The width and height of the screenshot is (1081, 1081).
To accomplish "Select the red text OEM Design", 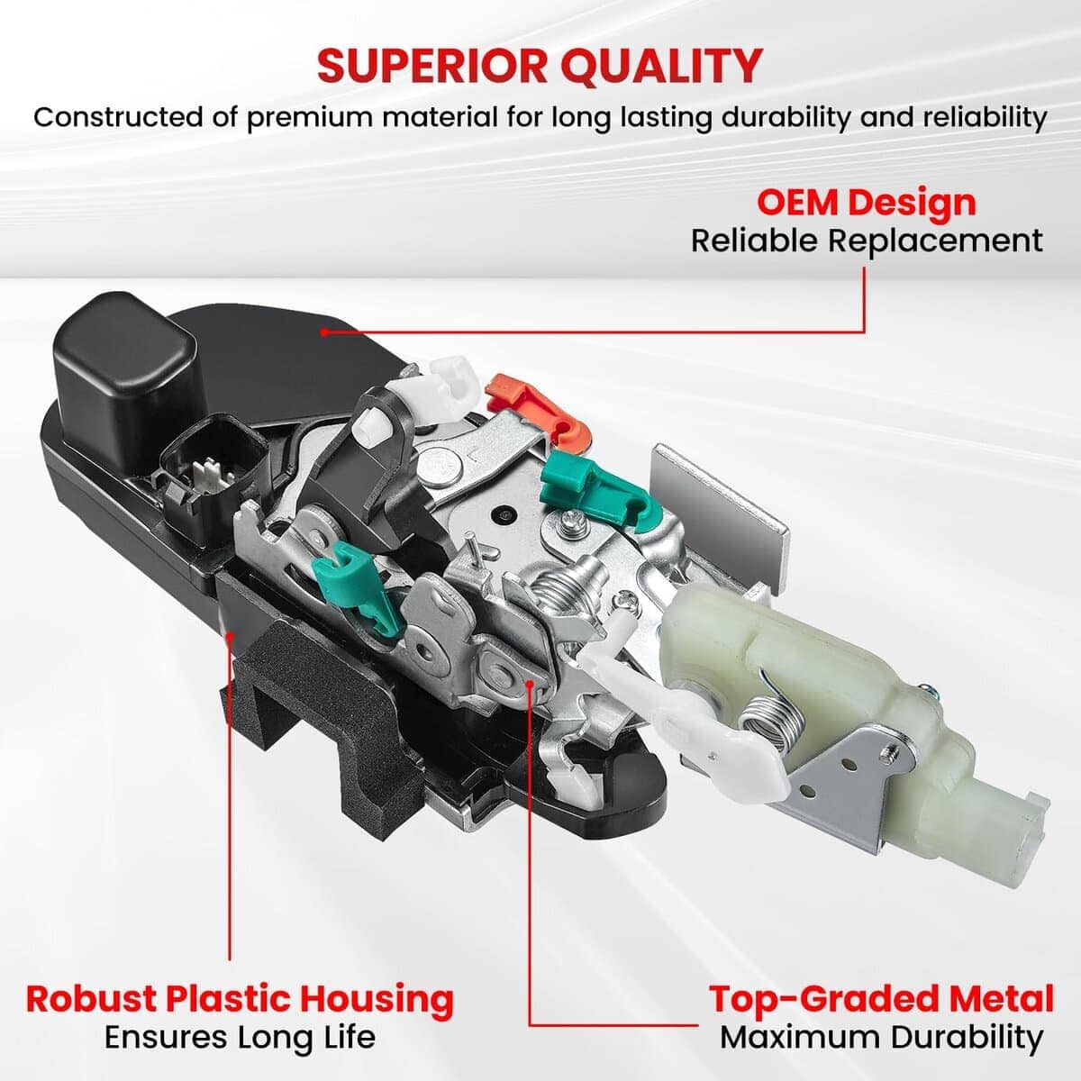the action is tap(867, 204).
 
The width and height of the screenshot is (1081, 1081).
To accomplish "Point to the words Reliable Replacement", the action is tap(867, 241).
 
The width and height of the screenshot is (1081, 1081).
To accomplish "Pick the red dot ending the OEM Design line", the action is tap(324, 332).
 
